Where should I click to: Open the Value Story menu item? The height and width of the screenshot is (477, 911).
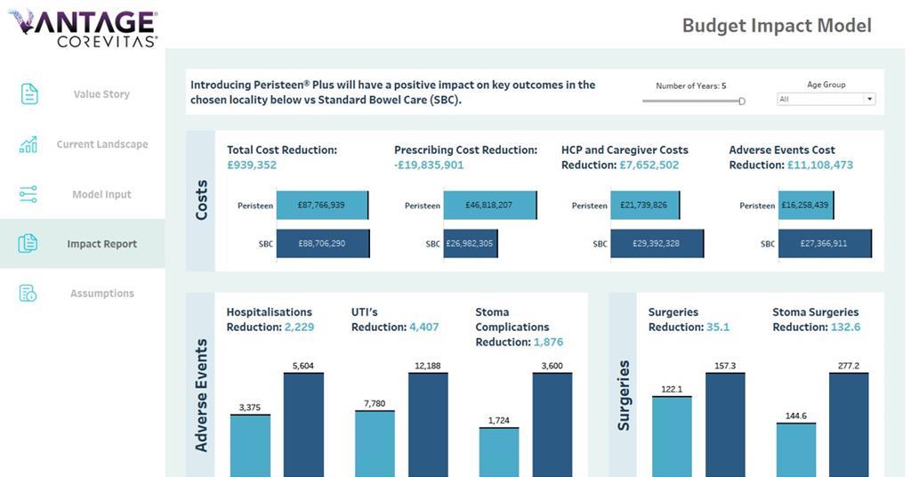(x=101, y=94)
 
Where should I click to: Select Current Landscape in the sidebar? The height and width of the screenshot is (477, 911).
(x=101, y=144)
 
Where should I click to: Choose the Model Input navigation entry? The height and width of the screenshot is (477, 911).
(x=101, y=194)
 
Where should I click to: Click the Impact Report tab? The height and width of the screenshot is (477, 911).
(x=101, y=244)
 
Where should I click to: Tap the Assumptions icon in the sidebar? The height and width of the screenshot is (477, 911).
(x=28, y=294)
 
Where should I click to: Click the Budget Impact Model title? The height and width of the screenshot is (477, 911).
(x=777, y=25)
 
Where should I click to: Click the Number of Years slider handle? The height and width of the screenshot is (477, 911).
(x=742, y=101)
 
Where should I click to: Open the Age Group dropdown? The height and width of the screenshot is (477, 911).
(x=826, y=100)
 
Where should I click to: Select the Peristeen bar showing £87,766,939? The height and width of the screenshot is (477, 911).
(x=322, y=206)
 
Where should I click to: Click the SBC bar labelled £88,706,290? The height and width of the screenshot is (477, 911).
(x=323, y=244)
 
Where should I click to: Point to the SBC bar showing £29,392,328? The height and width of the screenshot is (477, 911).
(x=657, y=244)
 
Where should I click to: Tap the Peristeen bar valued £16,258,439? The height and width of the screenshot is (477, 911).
(x=805, y=206)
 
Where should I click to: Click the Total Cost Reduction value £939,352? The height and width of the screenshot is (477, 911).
(x=252, y=166)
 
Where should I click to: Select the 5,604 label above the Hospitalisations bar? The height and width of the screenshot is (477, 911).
(x=303, y=366)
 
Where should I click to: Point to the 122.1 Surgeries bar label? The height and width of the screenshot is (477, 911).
(x=672, y=390)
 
